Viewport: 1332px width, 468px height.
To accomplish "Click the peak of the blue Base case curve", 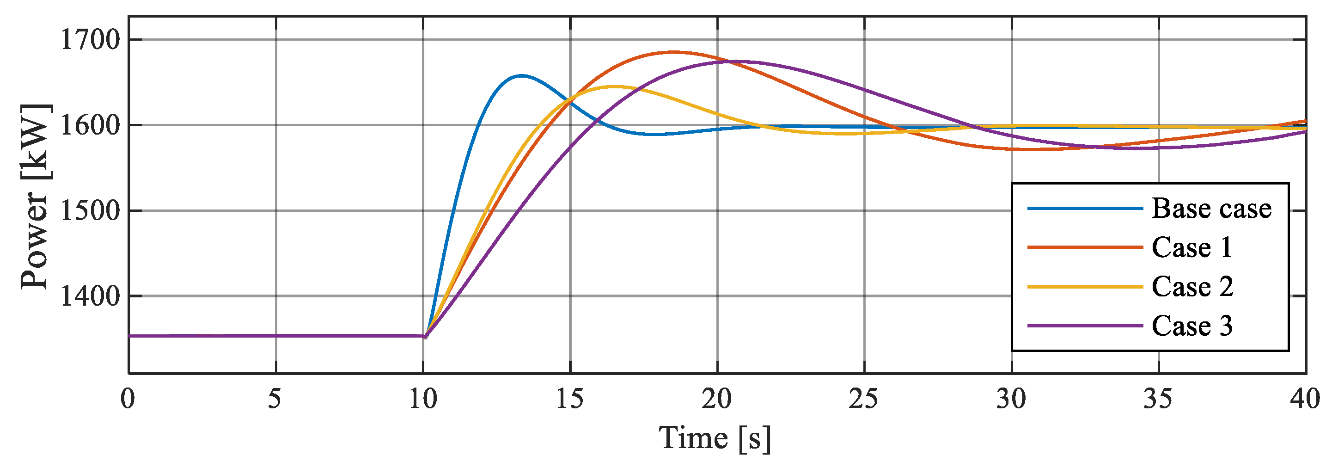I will coord(521,75).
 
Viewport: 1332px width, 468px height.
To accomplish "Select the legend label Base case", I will coord(1211,209).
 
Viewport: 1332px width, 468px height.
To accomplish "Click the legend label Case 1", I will coord(1192,247).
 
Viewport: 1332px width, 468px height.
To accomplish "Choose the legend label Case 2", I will coord(1192,287).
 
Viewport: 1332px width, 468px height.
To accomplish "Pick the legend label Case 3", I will coord(1192,326).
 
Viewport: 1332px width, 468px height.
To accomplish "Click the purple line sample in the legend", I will coord(1084,326).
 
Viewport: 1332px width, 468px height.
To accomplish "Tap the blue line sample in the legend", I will coord(1084,209).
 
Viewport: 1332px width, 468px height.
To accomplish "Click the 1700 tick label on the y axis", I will coord(91,40).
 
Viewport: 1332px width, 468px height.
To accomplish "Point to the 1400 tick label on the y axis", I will coord(91,296).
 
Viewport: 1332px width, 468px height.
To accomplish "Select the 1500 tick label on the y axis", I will coord(91,210).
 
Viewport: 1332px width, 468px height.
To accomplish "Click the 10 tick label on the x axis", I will coord(423,399).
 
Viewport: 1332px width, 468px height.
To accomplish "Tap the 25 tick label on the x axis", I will coord(863,399).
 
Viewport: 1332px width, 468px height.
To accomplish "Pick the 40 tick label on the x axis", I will coord(1305,399).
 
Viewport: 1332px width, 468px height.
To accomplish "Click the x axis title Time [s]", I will coord(715,438).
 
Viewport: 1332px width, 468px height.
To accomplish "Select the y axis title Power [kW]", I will coord(35,197).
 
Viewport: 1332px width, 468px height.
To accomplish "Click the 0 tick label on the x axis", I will coord(128,399).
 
